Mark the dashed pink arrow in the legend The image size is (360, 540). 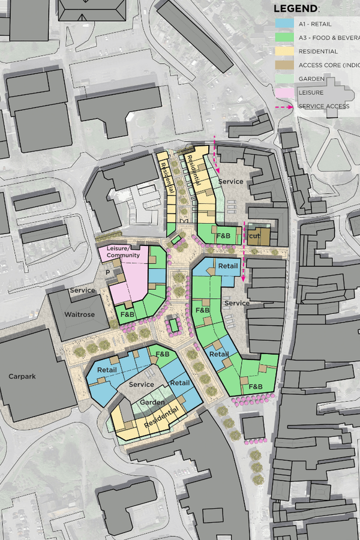[x=285, y=107]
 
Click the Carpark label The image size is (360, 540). [x=23, y=377]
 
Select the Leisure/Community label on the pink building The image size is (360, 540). [x=123, y=252]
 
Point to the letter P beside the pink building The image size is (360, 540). [x=109, y=271]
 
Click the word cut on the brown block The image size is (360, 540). [x=254, y=236]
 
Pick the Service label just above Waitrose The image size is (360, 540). [x=82, y=290]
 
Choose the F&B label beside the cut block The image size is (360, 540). [x=224, y=236]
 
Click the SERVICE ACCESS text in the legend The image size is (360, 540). [x=325, y=107]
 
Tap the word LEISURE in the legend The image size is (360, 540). [x=311, y=93]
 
